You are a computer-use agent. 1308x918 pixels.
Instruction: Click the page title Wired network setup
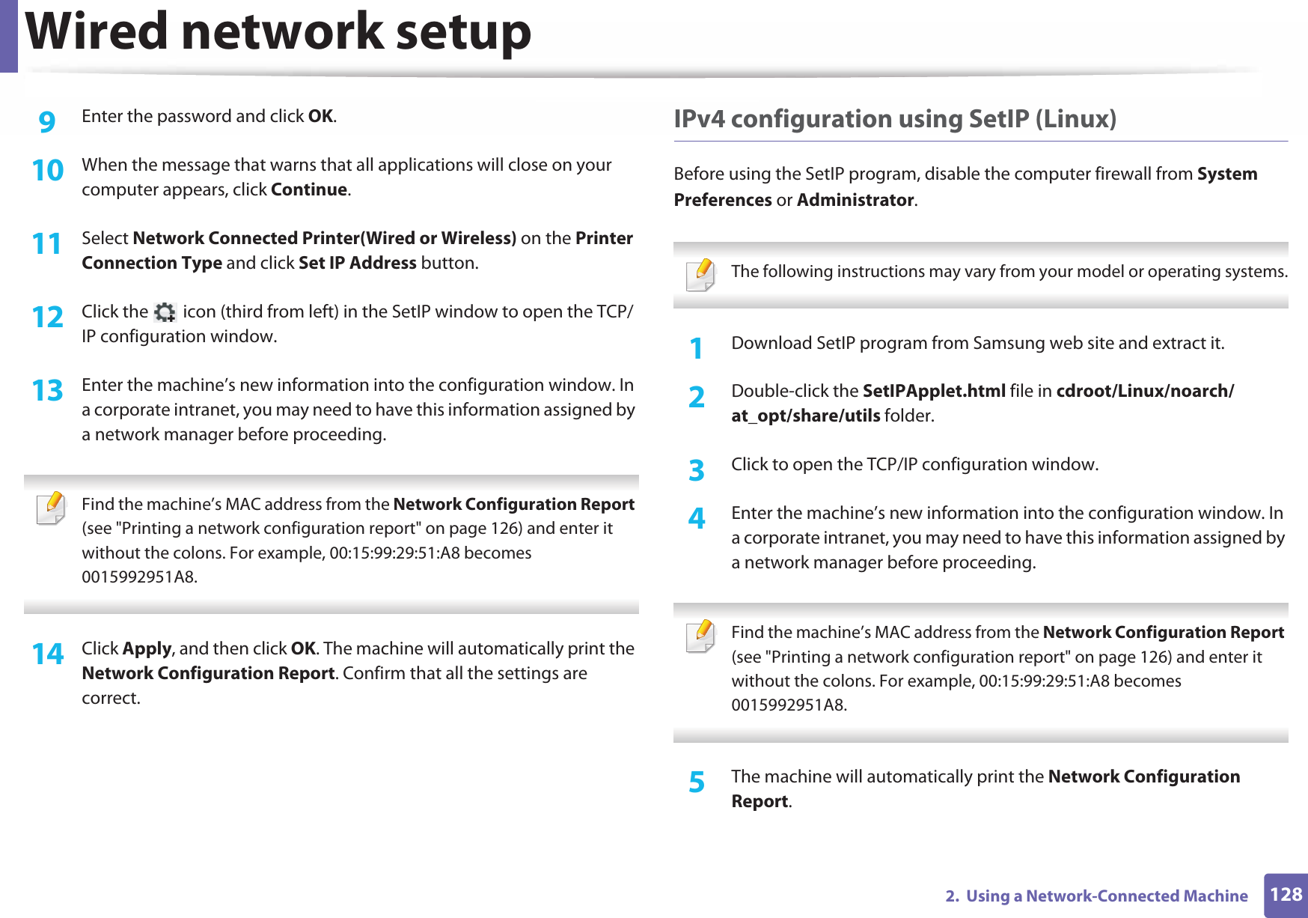click(278, 32)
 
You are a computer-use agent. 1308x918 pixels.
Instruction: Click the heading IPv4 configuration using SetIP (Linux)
click(894, 119)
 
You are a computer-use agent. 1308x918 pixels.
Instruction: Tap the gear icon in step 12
click(165, 312)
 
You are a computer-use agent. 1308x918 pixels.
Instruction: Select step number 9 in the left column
click(47, 121)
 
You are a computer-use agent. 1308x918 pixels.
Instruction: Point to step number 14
click(47, 654)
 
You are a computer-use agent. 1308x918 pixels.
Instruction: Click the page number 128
click(1286, 895)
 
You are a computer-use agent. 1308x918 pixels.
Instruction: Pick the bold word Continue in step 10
click(309, 189)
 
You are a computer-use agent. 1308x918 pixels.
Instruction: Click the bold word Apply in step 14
click(147, 648)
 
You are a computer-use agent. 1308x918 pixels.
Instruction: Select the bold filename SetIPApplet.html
click(933, 391)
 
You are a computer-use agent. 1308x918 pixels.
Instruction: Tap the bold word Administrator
click(855, 200)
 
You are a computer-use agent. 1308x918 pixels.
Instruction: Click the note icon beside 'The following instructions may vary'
click(700, 275)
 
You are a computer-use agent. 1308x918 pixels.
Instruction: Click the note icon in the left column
click(51, 508)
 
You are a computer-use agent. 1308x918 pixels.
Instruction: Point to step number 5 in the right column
click(697, 782)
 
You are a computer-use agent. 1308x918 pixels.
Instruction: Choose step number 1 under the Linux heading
click(697, 348)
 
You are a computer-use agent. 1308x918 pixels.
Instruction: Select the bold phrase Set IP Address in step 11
click(357, 263)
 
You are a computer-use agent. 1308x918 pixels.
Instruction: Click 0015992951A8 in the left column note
click(138, 577)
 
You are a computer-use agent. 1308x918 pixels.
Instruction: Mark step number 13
click(47, 390)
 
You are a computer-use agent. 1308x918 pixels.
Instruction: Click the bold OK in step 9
click(320, 116)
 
